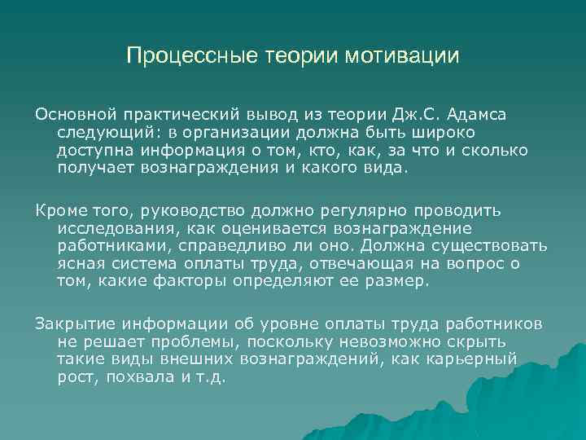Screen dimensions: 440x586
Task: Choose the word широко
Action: (443, 132)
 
